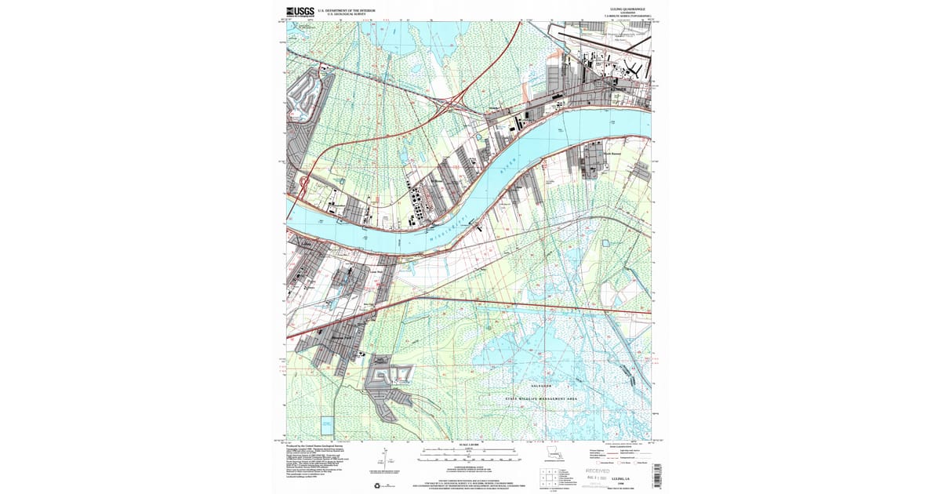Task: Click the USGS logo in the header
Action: (x=300, y=11)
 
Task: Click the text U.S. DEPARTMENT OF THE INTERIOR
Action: (x=347, y=10)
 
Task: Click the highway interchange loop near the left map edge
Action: (x=303, y=183)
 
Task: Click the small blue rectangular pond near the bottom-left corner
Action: (x=326, y=424)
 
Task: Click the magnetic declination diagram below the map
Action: (x=385, y=459)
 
